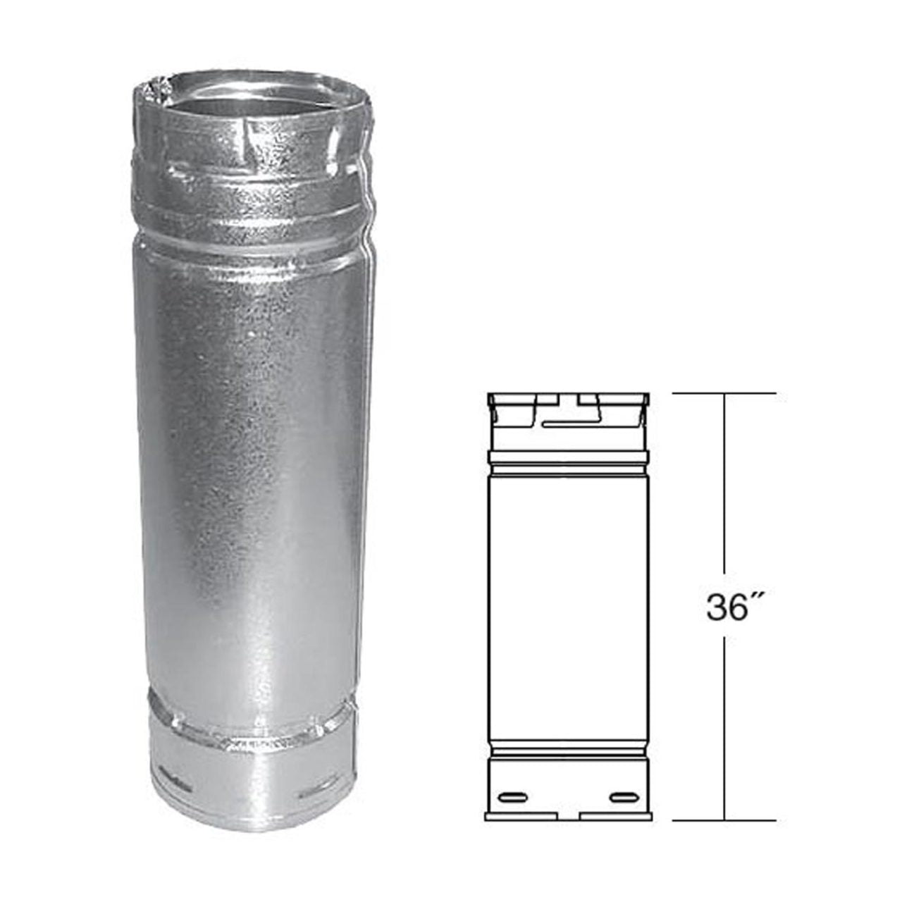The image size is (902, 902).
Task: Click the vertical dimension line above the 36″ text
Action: [x=724, y=493]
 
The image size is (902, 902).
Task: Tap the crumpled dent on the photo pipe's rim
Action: [x=152, y=92]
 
